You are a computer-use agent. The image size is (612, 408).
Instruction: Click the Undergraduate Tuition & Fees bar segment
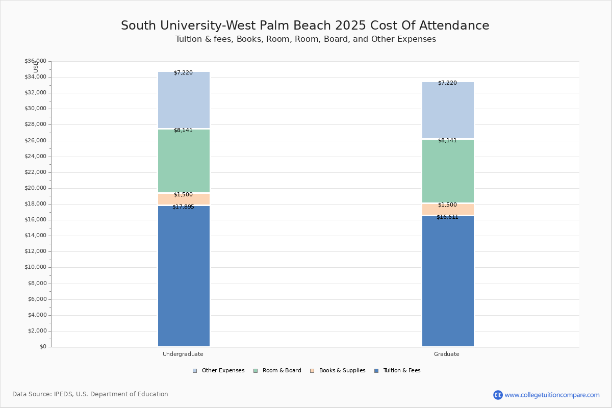pyautogui.click(x=184, y=276)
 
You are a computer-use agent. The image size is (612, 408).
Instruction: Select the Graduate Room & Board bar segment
pyautogui.click(x=448, y=171)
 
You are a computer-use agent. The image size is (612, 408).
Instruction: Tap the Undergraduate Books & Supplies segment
pyautogui.click(x=184, y=199)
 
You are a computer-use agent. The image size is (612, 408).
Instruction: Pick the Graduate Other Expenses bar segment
pyautogui.click(x=448, y=110)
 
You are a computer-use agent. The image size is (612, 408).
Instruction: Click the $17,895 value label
pyautogui.click(x=183, y=207)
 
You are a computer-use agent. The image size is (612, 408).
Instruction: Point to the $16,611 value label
pyautogui.click(x=447, y=217)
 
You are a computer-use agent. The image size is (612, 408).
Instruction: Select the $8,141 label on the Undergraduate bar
pyautogui.click(x=183, y=131)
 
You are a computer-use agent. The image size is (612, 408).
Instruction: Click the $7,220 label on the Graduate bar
pyautogui.click(x=447, y=83)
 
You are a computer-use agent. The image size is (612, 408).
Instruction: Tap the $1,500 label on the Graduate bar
pyautogui.click(x=447, y=205)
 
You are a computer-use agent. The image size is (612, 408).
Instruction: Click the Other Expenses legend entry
pyautogui.click(x=219, y=371)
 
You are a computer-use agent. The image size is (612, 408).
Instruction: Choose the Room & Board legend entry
pyautogui.click(x=277, y=371)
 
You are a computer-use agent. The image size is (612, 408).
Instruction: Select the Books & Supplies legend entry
pyautogui.click(x=338, y=371)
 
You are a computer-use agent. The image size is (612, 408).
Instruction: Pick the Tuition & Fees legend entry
pyautogui.click(x=397, y=371)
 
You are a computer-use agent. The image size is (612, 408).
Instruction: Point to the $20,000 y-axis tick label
pyautogui.click(x=36, y=188)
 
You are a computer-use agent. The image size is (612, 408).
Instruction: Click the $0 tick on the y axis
pyautogui.click(x=43, y=347)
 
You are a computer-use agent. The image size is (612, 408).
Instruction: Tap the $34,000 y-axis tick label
pyautogui.click(x=36, y=77)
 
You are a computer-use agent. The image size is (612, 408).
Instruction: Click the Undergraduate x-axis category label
pyautogui.click(x=183, y=354)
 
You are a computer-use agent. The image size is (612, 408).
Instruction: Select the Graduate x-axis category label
pyautogui.click(x=447, y=354)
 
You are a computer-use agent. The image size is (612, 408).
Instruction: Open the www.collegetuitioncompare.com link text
pyautogui.click(x=552, y=395)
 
